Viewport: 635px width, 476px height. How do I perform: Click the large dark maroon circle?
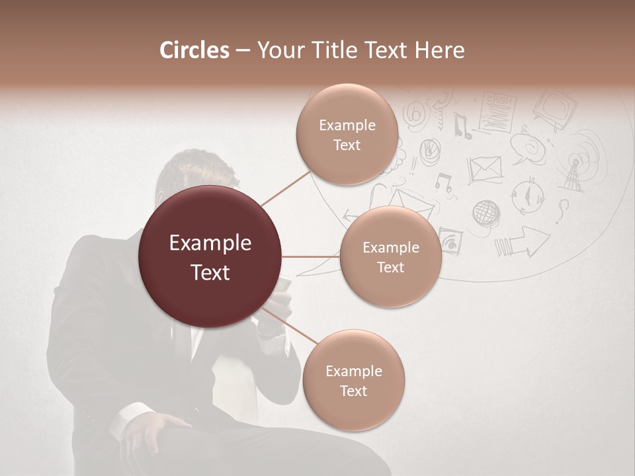coord(210,257)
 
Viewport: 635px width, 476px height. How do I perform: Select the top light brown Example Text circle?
coord(347,134)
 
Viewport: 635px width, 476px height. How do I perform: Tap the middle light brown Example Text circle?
coord(390,257)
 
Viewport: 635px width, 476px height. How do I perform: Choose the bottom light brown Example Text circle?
coord(353,380)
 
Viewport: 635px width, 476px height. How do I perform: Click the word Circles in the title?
coord(194,50)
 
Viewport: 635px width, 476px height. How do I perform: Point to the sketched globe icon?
coord(486,213)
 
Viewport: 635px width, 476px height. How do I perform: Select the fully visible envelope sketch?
coord(485,169)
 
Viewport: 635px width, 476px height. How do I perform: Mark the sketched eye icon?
coord(451,241)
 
